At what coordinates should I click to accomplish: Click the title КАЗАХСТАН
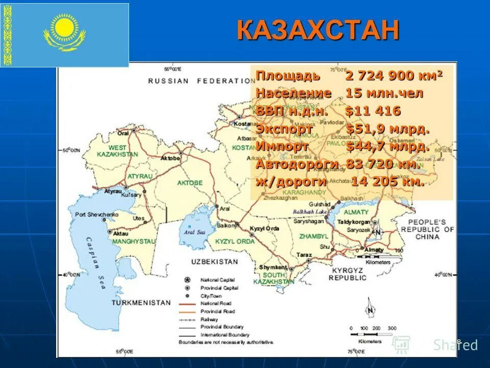point(317,30)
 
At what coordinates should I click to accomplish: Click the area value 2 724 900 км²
point(394,76)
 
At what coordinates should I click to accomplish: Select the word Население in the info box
point(293,94)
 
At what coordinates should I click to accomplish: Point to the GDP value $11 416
point(373,111)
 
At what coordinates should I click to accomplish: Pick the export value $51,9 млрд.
point(388,129)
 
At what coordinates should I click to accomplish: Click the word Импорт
point(282,146)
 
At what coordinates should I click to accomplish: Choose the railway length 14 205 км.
point(387,182)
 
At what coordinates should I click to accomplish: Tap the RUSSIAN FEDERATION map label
point(201,81)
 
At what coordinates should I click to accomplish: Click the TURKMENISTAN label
point(141,303)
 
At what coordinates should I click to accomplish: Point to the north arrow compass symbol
point(369,310)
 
